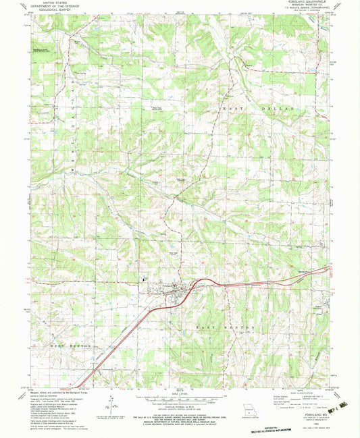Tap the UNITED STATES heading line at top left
[x=56, y=3]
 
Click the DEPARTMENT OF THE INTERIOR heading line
[x=56, y=7]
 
